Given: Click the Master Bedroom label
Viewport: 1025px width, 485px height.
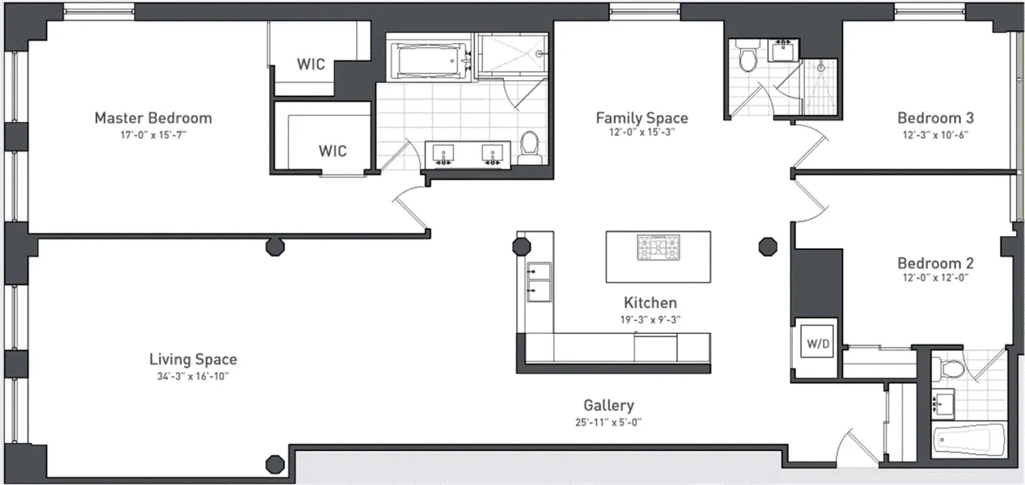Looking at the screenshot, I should click(153, 118).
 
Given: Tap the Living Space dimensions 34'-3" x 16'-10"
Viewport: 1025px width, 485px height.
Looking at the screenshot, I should click(193, 377).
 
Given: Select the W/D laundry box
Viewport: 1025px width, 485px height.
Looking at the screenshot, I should click(817, 344).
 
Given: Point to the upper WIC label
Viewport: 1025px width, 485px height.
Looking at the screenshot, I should click(311, 63).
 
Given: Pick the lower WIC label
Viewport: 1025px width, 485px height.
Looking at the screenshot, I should click(332, 150).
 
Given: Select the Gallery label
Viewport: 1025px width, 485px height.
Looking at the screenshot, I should click(608, 406).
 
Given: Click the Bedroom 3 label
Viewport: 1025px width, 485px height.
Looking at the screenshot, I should click(935, 118).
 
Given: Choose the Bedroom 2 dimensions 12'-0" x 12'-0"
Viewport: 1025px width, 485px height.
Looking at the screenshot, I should click(935, 278).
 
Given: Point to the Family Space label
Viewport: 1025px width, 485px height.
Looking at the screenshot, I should click(642, 118).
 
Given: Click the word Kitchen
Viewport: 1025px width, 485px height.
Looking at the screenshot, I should click(650, 303).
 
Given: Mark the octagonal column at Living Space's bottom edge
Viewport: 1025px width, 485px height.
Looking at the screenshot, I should click(275, 464).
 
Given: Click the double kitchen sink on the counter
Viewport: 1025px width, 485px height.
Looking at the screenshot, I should click(538, 281).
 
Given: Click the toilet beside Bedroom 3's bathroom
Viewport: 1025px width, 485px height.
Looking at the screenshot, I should click(748, 58).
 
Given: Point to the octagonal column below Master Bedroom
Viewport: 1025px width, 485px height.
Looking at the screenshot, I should click(275, 246).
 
